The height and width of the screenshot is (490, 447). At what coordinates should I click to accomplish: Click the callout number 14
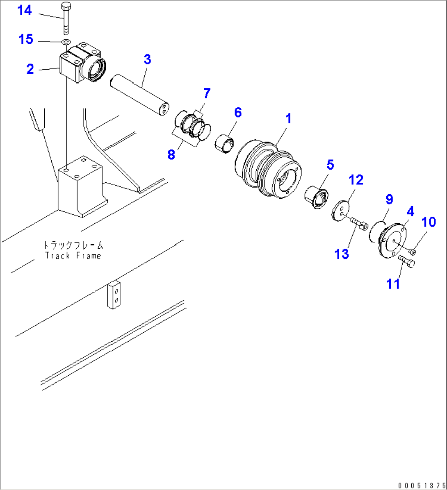point(24,11)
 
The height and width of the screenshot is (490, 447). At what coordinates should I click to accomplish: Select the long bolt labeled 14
point(66,18)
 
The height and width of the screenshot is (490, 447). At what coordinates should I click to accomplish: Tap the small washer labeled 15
point(66,42)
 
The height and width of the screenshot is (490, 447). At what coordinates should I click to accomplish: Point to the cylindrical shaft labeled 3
point(139,94)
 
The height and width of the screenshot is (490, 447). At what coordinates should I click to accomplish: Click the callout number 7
point(206,94)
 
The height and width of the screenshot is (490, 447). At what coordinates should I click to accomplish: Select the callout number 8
point(171,154)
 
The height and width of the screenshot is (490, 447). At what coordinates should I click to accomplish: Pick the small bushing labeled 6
point(225,144)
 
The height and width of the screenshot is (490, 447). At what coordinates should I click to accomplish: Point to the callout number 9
point(389,200)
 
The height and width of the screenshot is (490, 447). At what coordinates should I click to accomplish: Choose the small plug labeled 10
point(412,251)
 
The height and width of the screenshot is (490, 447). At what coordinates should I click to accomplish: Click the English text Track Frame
point(73,256)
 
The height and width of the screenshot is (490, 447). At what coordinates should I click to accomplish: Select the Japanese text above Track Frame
point(73,246)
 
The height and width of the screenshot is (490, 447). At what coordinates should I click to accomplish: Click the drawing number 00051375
point(422,485)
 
